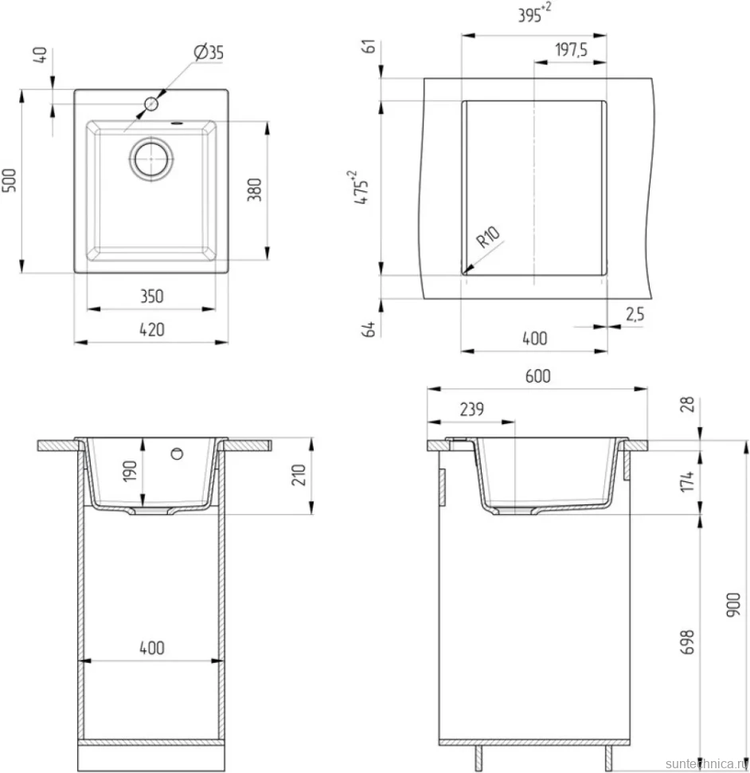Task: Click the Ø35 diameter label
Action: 209,52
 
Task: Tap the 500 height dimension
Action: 10,180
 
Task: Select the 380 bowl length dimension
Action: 254,190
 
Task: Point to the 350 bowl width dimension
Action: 152,296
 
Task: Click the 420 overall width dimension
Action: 152,330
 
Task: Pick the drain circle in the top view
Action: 152,158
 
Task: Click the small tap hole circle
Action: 151,104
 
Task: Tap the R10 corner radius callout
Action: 487,237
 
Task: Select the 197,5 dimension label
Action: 571,49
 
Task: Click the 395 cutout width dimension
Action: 534,14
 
